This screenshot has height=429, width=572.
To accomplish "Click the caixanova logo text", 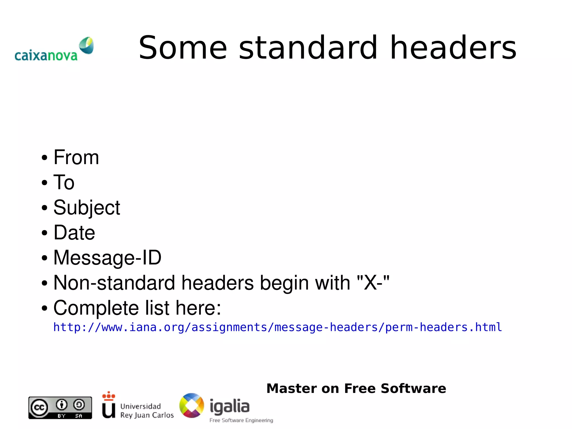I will tap(46, 56).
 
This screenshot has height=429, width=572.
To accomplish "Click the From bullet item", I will tap(76, 157).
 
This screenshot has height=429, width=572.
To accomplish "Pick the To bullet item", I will tap(64, 182).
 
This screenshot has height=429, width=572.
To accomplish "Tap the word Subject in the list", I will tap(87, 208).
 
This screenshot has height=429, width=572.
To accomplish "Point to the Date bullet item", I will tap(74, 233).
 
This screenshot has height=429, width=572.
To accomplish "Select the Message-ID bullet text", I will tap(107, 257).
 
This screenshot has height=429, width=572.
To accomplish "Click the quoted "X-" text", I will tap(373, 283).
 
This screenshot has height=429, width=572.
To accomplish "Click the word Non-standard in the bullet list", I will tap(114, 283).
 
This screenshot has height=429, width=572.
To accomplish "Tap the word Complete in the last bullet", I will tap(96, 308).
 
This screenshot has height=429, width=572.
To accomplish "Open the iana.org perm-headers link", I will tap(277, 327).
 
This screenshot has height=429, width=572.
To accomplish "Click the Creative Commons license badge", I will tap(60, 408).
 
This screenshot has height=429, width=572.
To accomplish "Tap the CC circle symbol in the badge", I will tap(39, 408).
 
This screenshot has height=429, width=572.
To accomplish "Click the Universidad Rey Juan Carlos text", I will tap(147, 411).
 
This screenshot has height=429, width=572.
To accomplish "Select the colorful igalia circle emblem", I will tap(192, 406).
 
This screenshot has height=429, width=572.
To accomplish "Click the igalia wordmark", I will tap(229, 406).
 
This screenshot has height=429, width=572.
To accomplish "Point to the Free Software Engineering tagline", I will tap(241, 420).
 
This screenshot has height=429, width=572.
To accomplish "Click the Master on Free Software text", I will tap(356, 388).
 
